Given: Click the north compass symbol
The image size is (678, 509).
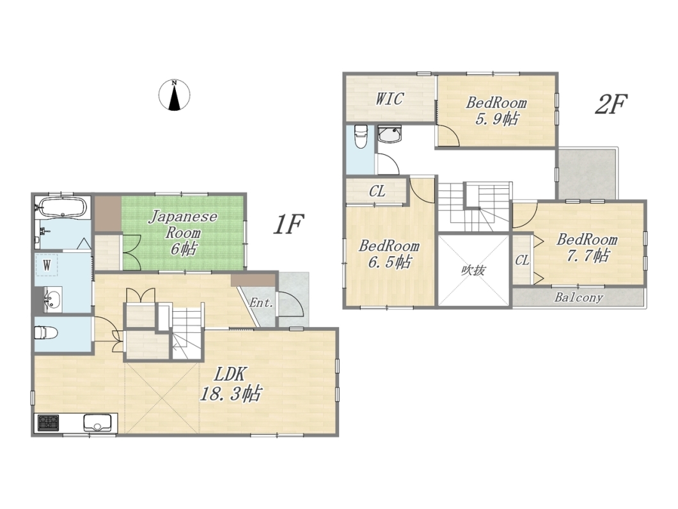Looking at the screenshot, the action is pyautogui.click(x=174, y=95).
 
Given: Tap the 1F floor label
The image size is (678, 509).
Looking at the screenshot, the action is pyautogui.click(x=288, y=224).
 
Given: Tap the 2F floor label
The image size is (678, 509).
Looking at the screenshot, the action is pyautogui.click(x=611, y=104).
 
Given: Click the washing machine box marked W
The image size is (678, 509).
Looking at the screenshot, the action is pyautogui.click(x=47, y=265).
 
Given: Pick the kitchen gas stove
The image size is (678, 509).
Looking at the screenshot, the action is pyautogui.click(x=49, y=423).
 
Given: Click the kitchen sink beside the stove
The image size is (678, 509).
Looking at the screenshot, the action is pyautogui.click(x=98, y=423).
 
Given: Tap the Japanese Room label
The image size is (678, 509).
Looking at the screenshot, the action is pyautogui.click(x=184, y=232).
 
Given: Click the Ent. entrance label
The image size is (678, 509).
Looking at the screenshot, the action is pyautogui.click(x=262, y=303).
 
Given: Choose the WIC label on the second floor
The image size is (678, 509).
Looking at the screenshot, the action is pyautogui.click(x=390, y=99).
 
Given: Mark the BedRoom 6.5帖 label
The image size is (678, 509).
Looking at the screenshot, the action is pyautogui.click(x=389, y=254).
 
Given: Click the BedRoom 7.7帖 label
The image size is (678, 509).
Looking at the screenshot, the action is pyautogui.click(x=587, y=248).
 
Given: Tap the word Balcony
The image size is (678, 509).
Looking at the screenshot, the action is pyautogui.click(x=579, y=297).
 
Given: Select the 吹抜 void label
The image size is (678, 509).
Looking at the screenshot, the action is pyautogui.click(x=473, y=271).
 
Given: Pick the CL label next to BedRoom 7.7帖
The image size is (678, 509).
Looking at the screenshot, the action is pyautogui.click(x=522, y=260).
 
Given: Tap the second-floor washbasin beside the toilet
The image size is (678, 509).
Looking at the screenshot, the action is pyautogui.click(x=390, y=134).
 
